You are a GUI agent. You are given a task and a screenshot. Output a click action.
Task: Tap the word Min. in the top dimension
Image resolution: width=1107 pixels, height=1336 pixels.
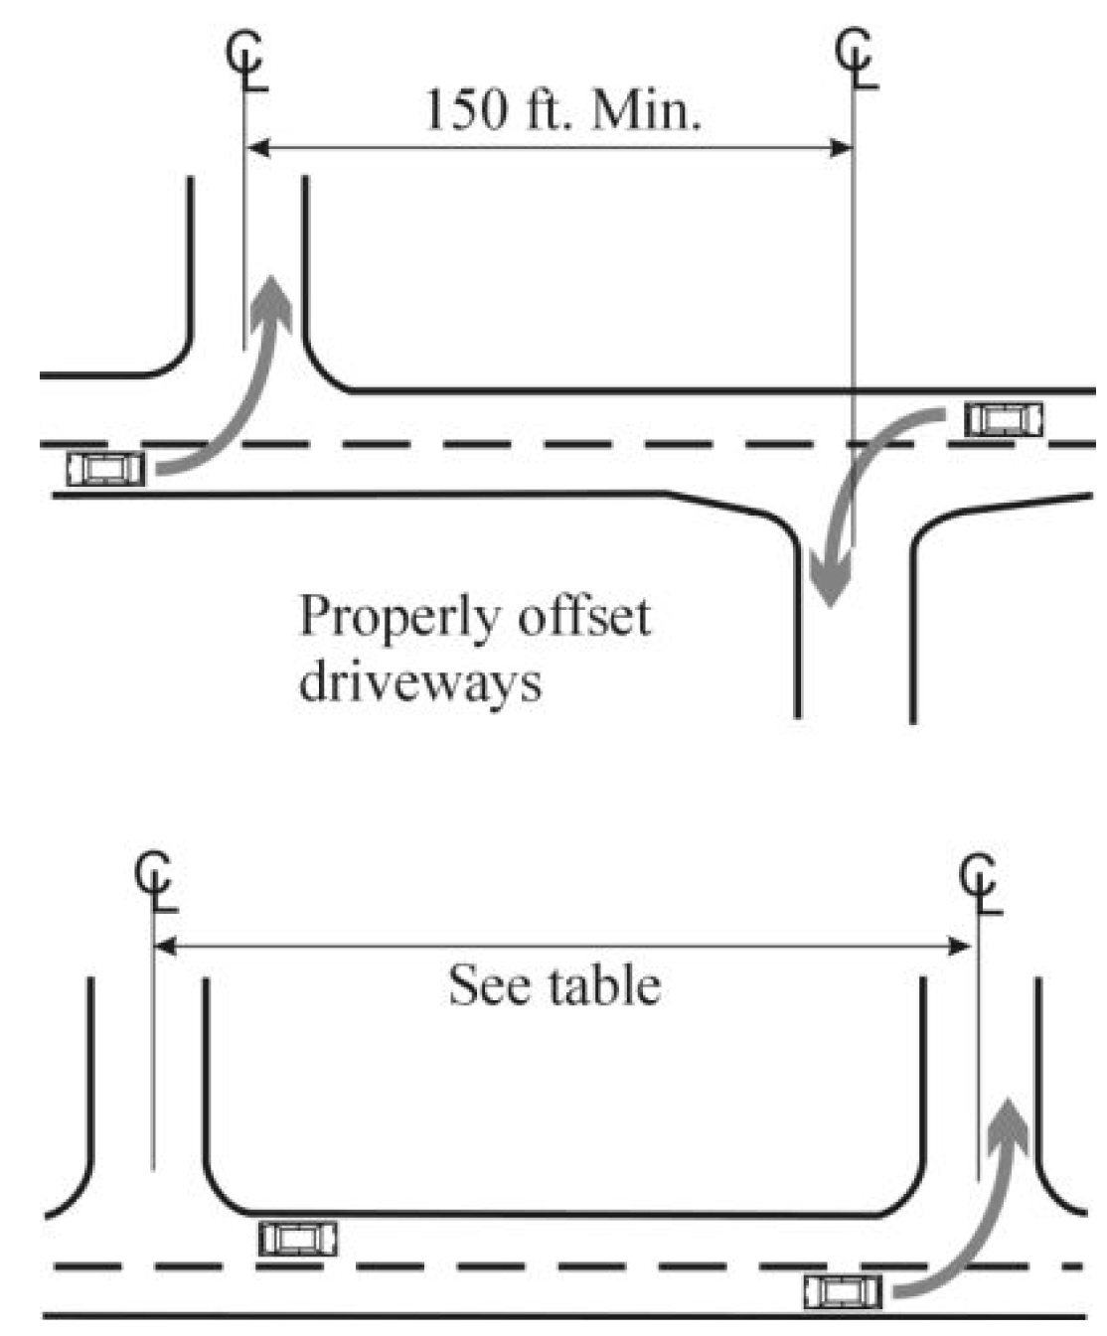coord(646,110)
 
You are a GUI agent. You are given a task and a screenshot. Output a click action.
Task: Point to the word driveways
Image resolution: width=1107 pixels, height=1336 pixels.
coord(420,683)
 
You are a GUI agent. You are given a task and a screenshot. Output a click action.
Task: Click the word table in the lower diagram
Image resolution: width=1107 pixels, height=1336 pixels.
coord(606,986)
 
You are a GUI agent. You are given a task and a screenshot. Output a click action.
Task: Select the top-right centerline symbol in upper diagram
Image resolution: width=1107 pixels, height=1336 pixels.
coord(856,60)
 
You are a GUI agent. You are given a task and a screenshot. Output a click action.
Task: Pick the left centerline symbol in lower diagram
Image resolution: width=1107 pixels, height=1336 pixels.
coord(155,883)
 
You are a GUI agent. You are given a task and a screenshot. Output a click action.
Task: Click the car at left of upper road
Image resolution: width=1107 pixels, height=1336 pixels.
coord(105,467)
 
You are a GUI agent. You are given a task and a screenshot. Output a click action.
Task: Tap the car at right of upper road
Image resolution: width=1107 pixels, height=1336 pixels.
coord(1005,419)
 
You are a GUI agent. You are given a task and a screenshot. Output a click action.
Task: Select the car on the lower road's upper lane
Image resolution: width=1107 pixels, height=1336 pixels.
coord(298,1239)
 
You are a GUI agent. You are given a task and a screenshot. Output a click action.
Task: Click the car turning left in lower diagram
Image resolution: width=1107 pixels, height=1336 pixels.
coord(843,1292)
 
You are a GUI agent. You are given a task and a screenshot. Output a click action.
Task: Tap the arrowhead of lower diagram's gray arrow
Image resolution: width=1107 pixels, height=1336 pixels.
coord(1010,1117)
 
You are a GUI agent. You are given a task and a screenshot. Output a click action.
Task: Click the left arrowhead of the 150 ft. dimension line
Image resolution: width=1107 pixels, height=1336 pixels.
coord(256,149)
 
